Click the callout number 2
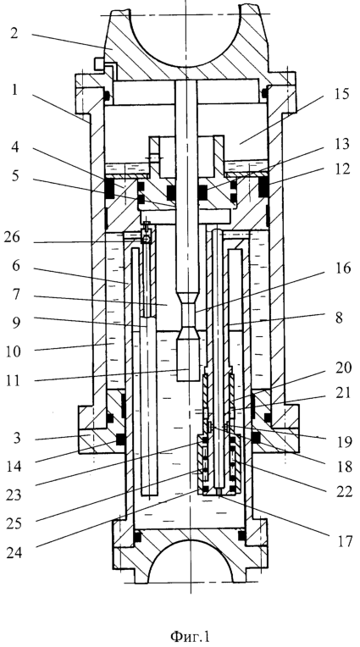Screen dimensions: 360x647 [x=14, y=33]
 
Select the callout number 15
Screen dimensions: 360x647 [x=341, y=94]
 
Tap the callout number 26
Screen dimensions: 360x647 [x=14, y=239]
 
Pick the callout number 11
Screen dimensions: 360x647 [x=14, y=379]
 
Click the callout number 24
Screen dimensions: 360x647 [x=14, y=552]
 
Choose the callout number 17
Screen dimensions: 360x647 [x=344, y=540]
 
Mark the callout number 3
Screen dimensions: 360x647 [x=14, y=438]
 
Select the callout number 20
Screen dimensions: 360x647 [x=343, y=368]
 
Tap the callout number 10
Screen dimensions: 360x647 [x=14, y=351]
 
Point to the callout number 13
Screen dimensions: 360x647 [x=341, y=144]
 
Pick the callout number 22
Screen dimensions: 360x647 [x=343, y=491]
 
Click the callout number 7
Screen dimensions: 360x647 [x=14, y=295]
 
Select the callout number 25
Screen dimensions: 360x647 [x=14, y=523]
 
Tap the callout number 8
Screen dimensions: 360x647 [x=340, y=318]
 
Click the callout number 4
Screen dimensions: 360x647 [x=14, y=147]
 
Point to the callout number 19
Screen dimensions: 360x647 [x=344, y=442]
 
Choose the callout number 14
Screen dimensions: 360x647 [x=14, y=467]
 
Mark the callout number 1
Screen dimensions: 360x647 [x=14, y=90]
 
